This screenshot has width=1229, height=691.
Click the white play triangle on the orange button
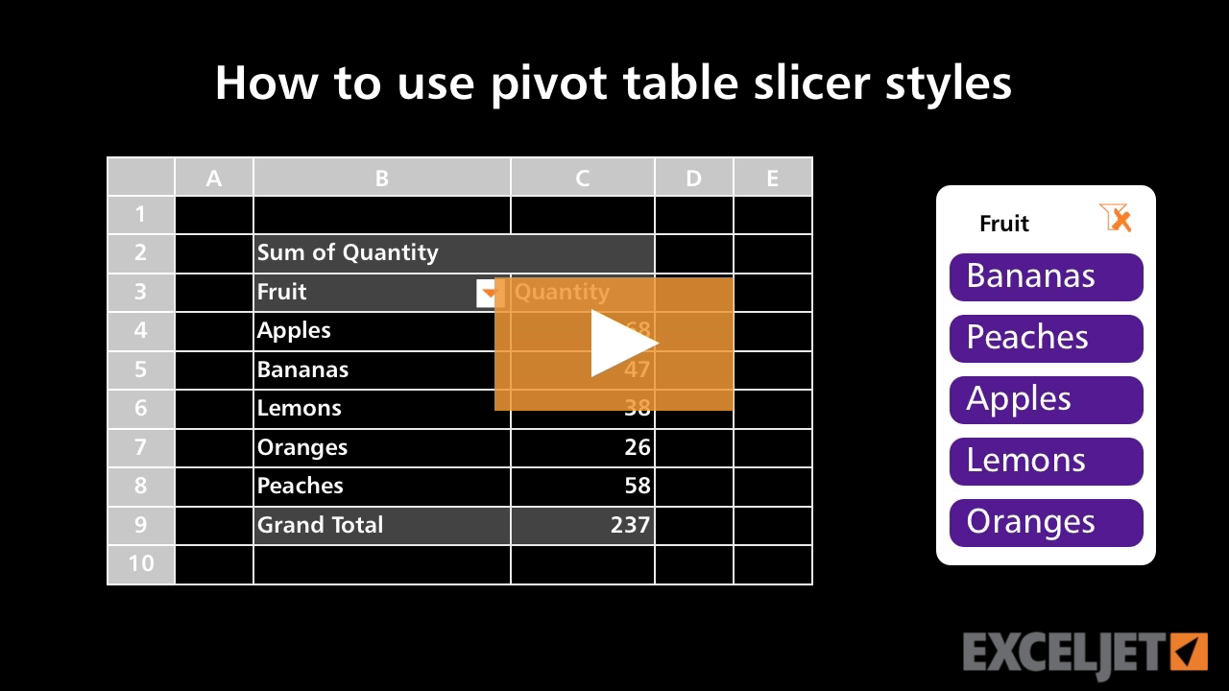point(621,344)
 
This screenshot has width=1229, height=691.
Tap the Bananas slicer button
point(1046,276)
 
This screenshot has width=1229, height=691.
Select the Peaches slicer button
point(1046,338)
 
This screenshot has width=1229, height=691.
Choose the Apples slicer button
point(1046,399)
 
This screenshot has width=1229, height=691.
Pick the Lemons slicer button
point(1046,461)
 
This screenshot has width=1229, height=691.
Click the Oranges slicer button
point(1046,522)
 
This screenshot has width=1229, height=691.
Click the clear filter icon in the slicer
point(1116,219)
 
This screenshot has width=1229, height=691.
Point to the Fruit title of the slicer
point(1003,224)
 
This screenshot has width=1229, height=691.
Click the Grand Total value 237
point(630,525)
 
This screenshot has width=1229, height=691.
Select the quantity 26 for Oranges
point(637,447)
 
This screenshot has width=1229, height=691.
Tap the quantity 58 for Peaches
point(637,486)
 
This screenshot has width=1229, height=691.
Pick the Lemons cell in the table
point(300,408)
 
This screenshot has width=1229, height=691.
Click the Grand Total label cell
point(321,525)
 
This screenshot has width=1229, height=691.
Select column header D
point(693,178)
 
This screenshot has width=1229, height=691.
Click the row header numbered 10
point(141,563)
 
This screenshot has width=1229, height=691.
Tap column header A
point(213,178)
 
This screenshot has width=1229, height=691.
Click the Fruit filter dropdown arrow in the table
point(489,294)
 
